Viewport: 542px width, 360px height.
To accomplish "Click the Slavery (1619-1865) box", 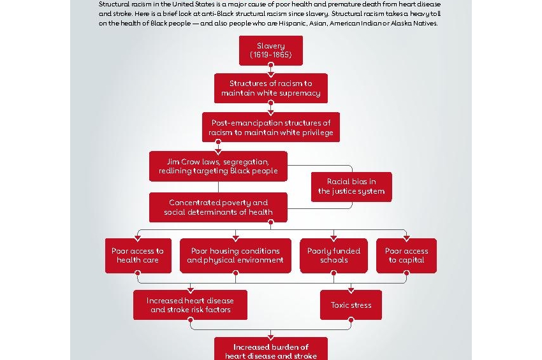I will [271, 50].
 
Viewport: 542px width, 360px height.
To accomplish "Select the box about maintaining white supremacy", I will [271, 88].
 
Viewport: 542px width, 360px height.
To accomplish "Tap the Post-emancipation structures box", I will [271, 127].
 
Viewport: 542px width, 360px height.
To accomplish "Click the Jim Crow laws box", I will [218, 166].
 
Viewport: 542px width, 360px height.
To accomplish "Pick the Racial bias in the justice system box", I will [351, 187].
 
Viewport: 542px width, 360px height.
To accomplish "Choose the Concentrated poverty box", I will [218, 207].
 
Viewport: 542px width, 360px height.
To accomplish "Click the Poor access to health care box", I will [137, 256].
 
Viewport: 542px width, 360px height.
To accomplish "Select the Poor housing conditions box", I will [235, 256].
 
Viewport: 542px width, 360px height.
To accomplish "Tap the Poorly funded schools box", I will [333, 256].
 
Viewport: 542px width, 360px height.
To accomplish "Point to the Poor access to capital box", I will [406, 256].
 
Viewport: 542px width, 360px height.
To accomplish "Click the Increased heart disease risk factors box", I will [190, 305].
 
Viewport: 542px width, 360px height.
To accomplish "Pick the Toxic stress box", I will [351, 305].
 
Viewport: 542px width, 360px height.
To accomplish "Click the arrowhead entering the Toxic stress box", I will [351, 287].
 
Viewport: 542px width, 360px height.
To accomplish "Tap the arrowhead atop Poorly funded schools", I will [333, 238].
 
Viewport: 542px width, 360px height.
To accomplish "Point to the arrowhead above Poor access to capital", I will [406, 238].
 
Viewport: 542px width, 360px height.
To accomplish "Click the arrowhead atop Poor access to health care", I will [137, 238].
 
